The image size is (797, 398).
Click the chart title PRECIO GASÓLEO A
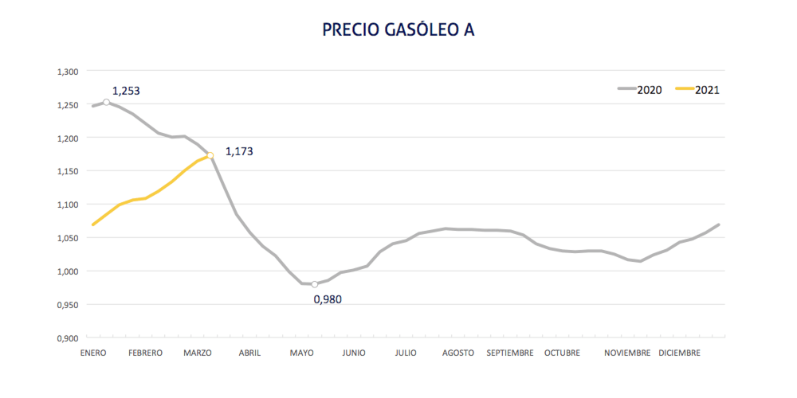tap(398, 30)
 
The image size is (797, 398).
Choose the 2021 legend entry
tap(706, 89)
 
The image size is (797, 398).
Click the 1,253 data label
tap(126, 91)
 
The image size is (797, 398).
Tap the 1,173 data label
tap(239, 151)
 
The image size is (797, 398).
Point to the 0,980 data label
tap(328, 300)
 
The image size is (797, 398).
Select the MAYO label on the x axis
tap(301, 353)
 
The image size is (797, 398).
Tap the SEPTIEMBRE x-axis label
tap(509, 353)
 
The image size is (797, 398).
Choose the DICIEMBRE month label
tap(679, 353)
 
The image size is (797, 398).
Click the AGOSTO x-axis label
tap(457, 353)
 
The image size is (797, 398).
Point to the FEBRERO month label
tap(145, 353)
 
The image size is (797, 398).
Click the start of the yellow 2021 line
tap(93, 224)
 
